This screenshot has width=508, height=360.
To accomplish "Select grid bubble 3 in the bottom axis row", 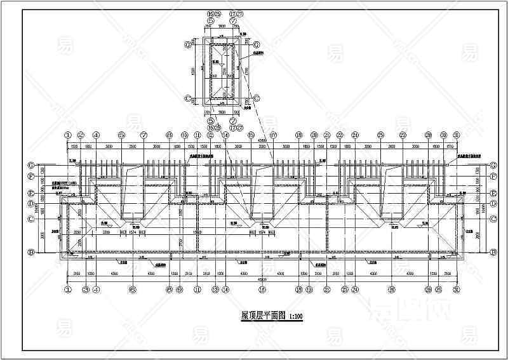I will point(84,290).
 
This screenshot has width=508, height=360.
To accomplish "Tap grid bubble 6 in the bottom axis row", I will point(132,290).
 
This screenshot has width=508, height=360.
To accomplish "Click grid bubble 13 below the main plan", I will point(215,290).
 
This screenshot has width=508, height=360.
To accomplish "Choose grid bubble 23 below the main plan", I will point(344,290).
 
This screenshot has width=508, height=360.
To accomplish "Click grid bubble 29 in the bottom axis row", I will point(439,290).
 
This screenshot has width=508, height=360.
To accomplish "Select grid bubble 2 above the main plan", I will point(81,135).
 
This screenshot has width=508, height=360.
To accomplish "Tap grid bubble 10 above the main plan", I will point(185,135).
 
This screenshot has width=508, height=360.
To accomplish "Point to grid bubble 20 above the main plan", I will point(314,135).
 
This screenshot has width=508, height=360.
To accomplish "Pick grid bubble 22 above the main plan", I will point(340,135).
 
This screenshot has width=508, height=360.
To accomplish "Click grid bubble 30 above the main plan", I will point(443,135).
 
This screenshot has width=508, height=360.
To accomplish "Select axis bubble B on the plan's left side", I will point(30,253).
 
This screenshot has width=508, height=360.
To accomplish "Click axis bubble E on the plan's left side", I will point(30,192).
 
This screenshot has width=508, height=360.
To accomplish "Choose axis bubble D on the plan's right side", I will point(493,204).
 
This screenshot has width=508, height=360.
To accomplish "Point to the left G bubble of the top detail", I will point(188,44).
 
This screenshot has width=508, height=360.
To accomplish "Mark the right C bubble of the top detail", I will point(256,98).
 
